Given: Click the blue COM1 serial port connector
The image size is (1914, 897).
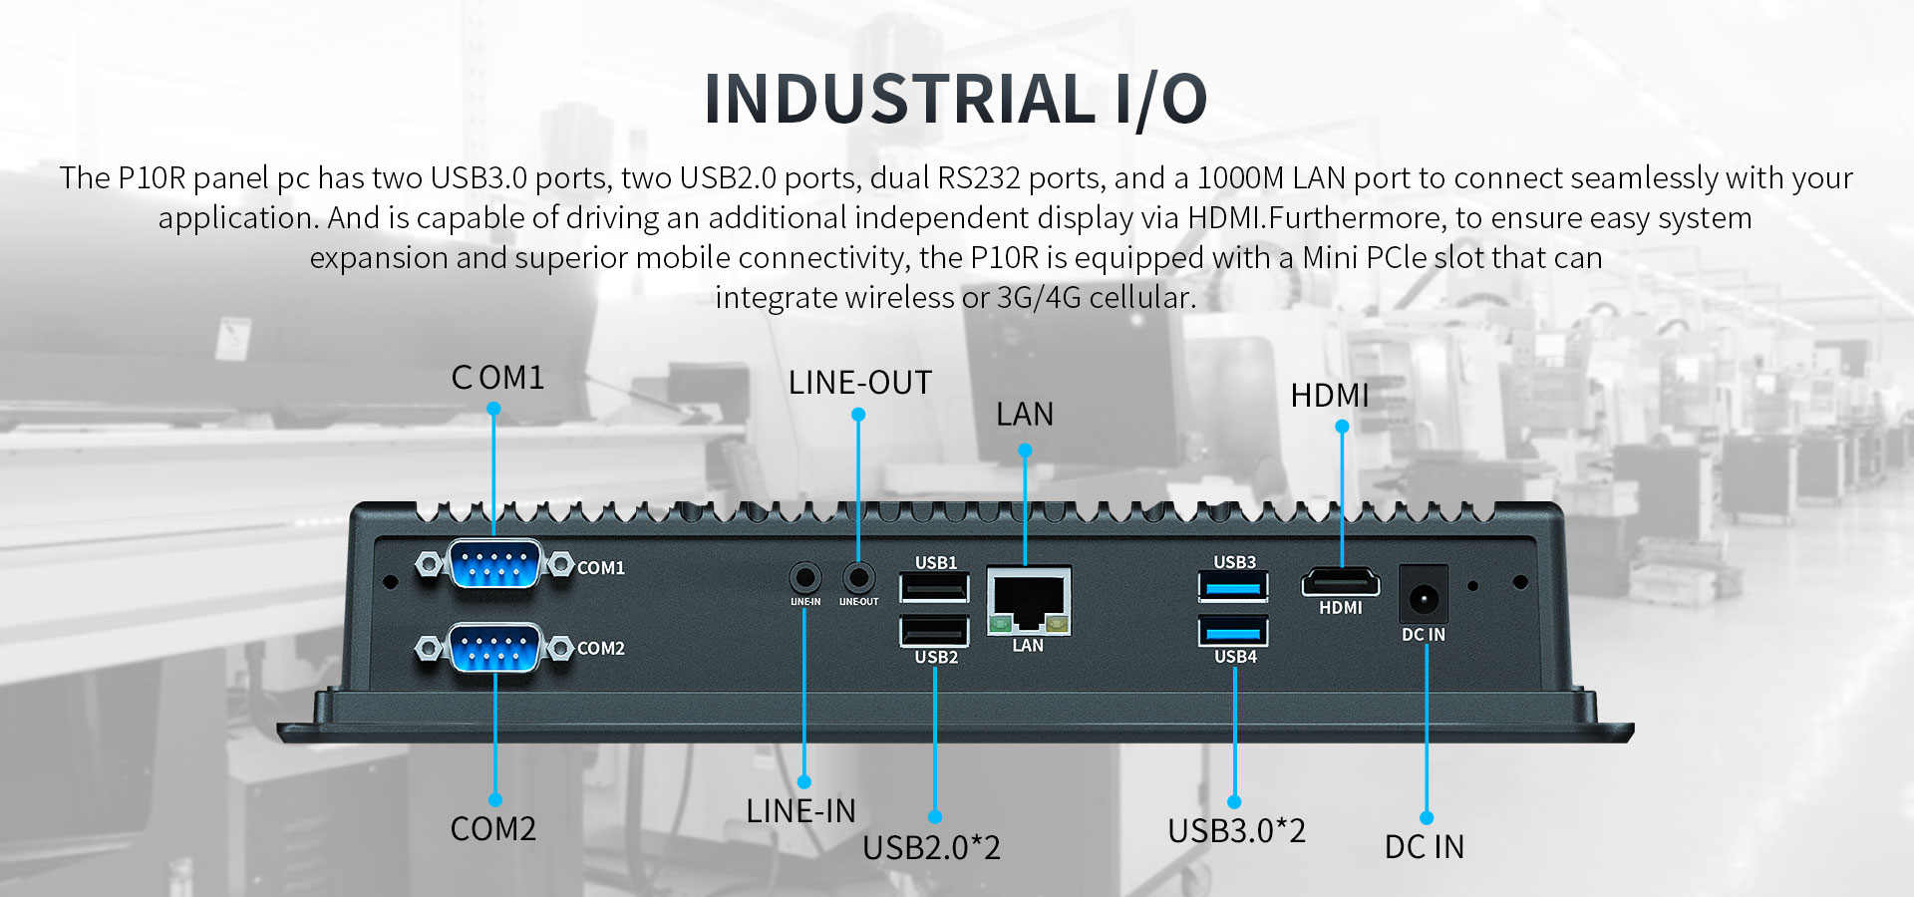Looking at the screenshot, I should (x=494, y=565).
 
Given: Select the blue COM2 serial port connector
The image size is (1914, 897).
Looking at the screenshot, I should (x=494, y=648).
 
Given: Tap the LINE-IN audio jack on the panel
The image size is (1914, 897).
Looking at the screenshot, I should (x=804, y=577).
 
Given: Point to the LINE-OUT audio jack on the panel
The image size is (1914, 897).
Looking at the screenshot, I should (x=858, y=577).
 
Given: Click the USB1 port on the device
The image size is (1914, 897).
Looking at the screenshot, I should (x=934, y=588).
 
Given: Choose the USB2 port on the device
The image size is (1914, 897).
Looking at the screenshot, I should (x=934, y=631).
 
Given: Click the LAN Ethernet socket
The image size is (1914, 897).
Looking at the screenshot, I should (x=1028, y=600).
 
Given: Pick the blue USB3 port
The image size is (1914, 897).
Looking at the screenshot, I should (x=1233, y=587).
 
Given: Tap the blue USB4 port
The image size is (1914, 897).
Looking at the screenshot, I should (x=1233, y=632).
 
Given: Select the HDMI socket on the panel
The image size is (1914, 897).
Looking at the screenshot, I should (x=1340, y=582).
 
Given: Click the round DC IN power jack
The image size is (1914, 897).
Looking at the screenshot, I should (x=1423, y=598).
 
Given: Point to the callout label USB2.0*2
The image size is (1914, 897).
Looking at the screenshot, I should (x=931, y=847).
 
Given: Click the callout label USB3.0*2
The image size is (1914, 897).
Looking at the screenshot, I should (x=1236, y=830).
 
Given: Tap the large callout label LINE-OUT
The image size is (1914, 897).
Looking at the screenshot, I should (x=859, y=383).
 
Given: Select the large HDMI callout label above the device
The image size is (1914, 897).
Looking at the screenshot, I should (x=1329, y=396).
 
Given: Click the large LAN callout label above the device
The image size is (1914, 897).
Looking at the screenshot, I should (x=1024, y=415).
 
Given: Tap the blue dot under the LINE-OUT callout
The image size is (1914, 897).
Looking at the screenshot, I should (x=858, y=415).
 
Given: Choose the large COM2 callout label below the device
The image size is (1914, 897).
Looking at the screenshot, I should (x=492, y=829).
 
